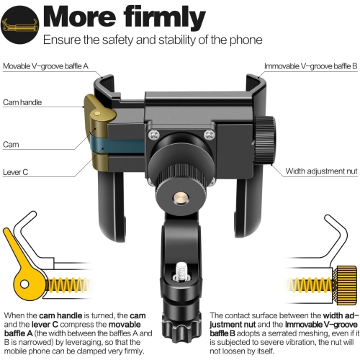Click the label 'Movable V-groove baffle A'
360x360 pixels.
tap(45, 66)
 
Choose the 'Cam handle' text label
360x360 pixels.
tap(22, 102)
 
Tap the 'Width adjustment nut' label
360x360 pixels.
tap(320, 171)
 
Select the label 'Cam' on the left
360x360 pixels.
tap(11, 144)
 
